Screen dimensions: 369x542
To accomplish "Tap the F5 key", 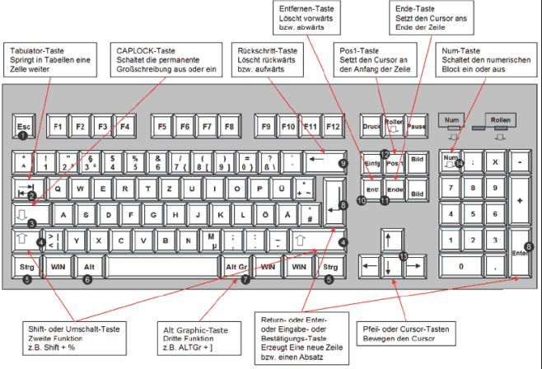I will click(x=161, y=128).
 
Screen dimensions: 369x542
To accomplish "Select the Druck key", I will click(x=371, y=128).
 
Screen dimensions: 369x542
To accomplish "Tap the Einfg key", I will click(x=370, y=165).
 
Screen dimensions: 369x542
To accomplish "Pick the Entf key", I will click(x=371, y=191).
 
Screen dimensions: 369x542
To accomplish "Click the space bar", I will click(x=157, y=268).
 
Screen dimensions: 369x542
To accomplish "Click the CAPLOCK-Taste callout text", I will click(x=168, y=60).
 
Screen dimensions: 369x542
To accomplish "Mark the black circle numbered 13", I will click(x=402, y=257).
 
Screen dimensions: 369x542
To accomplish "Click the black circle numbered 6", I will click(x=87, y=279).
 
